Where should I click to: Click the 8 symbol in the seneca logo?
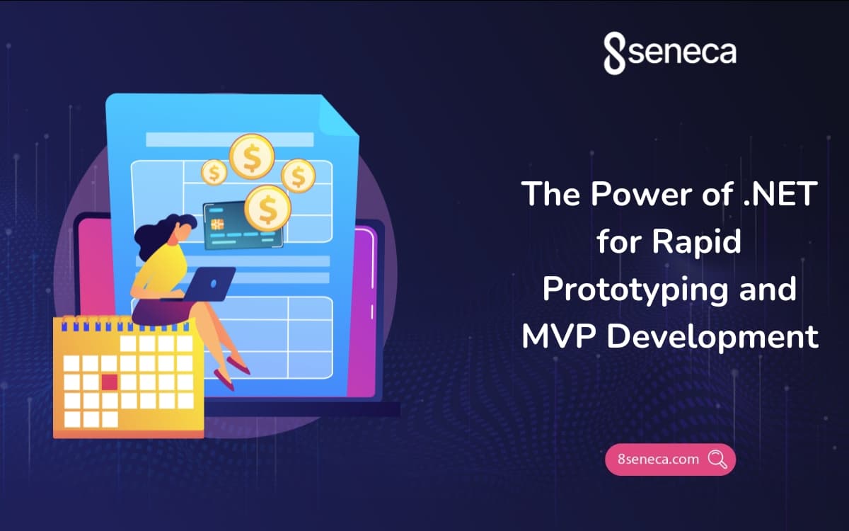coord(615,54)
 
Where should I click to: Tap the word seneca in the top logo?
coord(681,52)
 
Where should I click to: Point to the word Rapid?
coord(697,241)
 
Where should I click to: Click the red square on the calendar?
coord(109,382)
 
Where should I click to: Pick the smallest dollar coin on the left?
coord(214,171)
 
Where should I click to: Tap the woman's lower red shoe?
coord(224,383)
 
